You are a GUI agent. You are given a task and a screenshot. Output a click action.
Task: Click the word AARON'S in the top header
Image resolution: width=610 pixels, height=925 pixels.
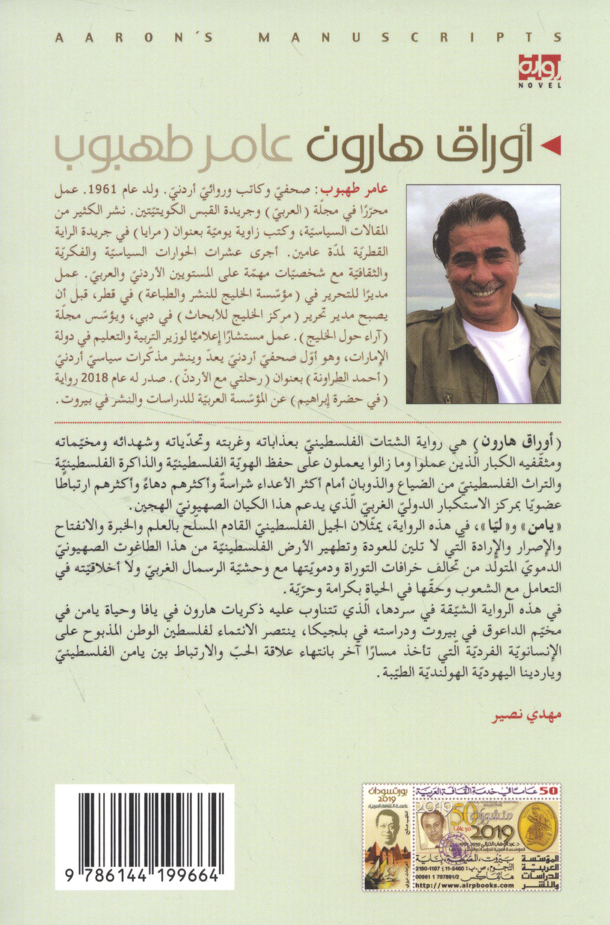[135, 38]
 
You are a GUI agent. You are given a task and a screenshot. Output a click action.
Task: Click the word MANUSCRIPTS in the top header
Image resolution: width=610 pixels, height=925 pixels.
[411, 38]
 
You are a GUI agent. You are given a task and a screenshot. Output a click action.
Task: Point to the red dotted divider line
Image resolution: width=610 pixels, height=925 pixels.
[307, 416]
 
